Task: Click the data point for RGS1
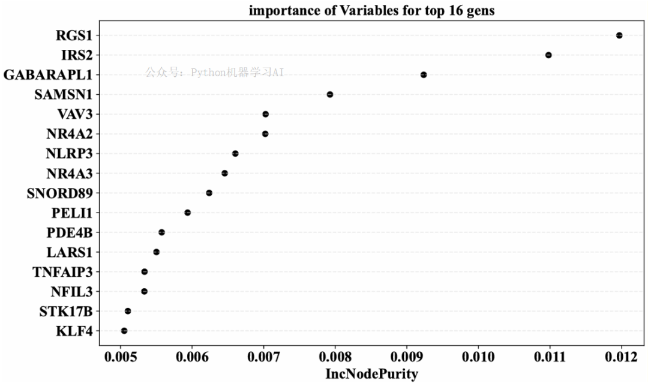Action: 619,35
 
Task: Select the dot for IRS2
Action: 548,55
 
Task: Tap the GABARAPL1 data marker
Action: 424,75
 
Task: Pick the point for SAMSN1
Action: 330,94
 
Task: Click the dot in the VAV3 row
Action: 266,114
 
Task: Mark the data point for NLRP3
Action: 235,154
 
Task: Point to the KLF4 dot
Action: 124,331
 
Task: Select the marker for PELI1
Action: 188,213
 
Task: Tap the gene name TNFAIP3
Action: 62,272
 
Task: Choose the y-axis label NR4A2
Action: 69,134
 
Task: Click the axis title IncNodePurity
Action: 371,375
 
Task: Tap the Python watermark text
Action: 214,73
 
